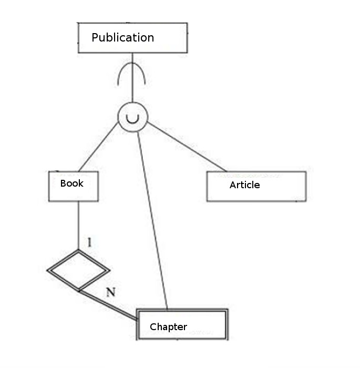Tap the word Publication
pyautogui.click(x=122, y=38)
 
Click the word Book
pyautogui.click(x=72, y=183)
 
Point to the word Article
pyautogui.click(x=244, y=185)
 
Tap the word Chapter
pyautogui.click(x=168, y=327)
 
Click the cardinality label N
pyautogui.click(x=110, y=293)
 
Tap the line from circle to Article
pyautogui.click(x=187, y=147)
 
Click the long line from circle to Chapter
pyautogui.click(x=152, y=221)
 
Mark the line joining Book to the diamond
pyautogui.click(x=78, y=226)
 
